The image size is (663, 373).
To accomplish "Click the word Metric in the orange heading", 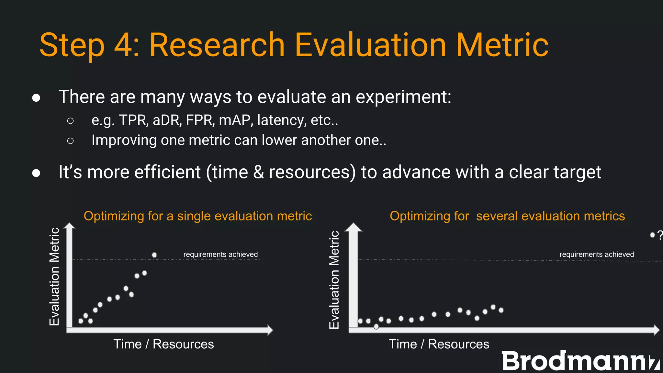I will click(502, 45).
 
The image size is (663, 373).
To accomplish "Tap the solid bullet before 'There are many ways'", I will click(36, 98).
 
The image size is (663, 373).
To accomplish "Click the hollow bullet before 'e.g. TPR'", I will click(70, 121).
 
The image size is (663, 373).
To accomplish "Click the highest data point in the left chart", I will click(154, 255).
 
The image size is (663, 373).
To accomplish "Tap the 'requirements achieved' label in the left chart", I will click(220, 254).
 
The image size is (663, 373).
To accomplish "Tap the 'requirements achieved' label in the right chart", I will click(597, 254).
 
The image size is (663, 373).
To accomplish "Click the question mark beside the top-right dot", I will click(660, 235).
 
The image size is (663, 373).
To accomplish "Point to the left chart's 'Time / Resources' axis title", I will click(163, 344).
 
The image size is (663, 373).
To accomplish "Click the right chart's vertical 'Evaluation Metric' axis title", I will click(334, 280).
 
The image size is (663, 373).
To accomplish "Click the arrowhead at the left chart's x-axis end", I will click(270, 330).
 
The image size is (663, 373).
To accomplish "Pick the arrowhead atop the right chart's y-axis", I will click(353, 227).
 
